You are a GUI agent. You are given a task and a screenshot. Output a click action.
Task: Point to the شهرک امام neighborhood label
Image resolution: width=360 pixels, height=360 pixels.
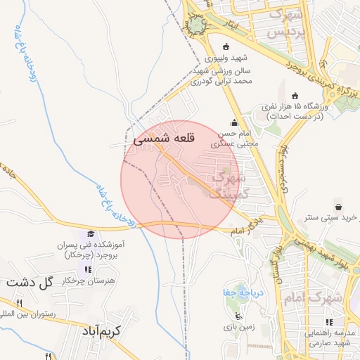click(315, 298)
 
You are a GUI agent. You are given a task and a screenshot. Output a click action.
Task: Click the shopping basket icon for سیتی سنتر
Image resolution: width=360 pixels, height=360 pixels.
click(340, 207)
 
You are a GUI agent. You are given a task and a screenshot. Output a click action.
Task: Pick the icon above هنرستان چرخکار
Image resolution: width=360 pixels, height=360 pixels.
click(88, 269)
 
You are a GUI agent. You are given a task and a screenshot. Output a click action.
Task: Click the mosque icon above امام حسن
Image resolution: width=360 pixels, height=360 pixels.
click(234, 122)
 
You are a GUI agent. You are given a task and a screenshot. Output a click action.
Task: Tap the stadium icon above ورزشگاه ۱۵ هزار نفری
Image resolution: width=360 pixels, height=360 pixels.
click(294, 96)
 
